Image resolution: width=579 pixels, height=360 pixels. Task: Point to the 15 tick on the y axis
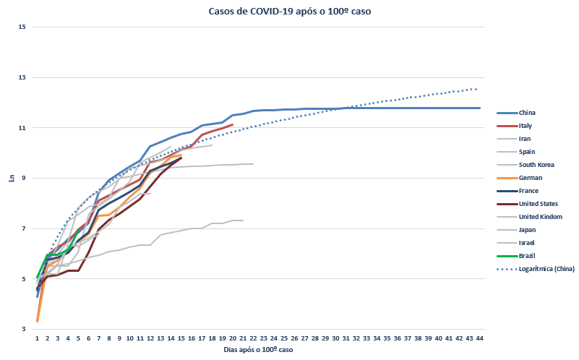coord(22,27)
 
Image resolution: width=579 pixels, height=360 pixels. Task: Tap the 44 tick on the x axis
coord(479,338)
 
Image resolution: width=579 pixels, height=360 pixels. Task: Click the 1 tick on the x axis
coord(37,338)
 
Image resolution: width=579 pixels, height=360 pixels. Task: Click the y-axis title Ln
coord(11,178)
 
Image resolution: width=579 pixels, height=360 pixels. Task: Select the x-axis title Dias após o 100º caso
coord(258,350)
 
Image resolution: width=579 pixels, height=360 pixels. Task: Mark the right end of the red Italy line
coord(233,124)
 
